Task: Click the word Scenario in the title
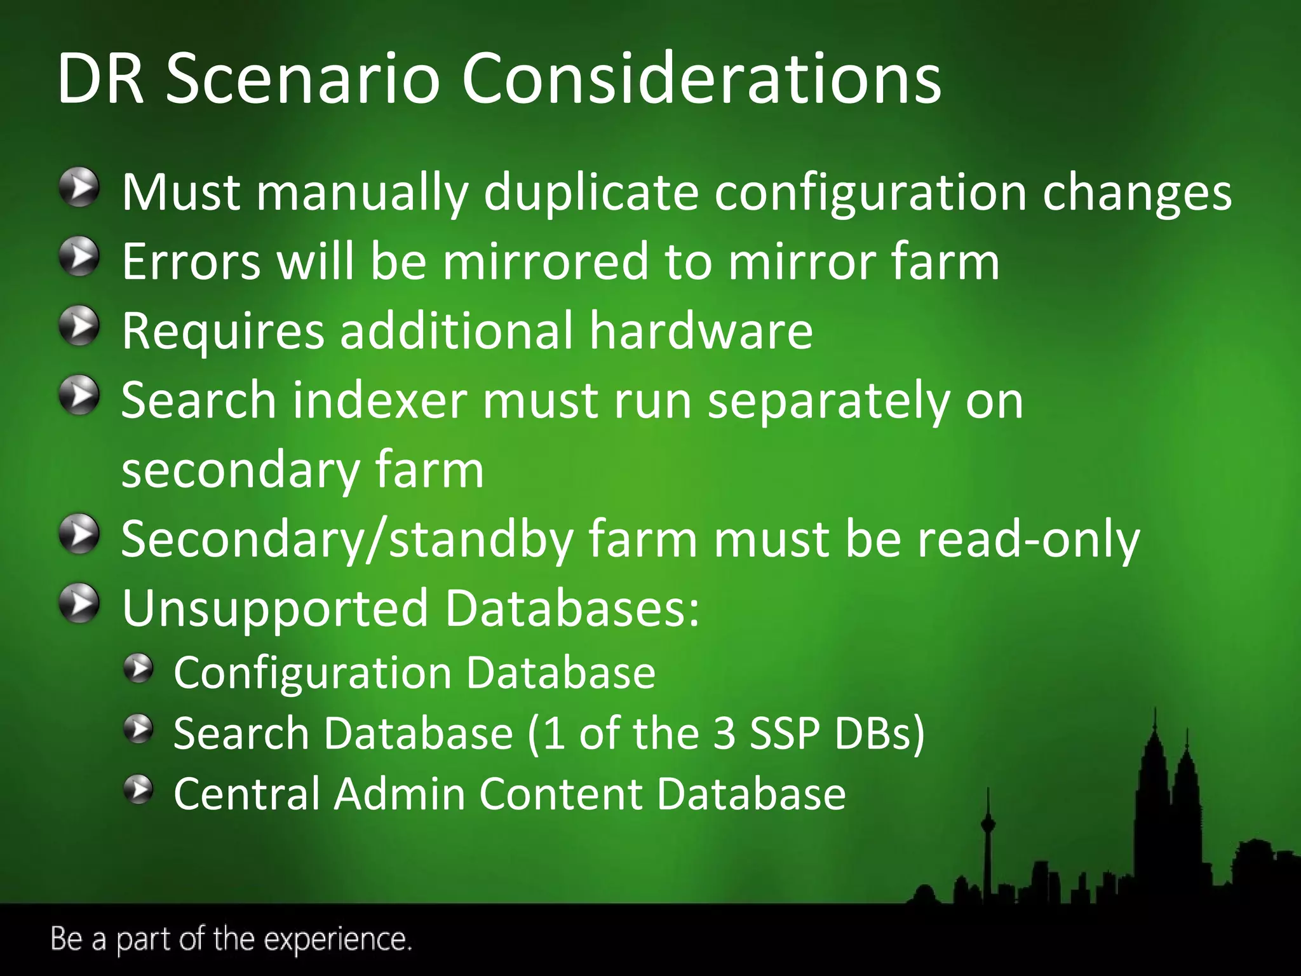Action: point(302,79)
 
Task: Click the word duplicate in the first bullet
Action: point(591,192)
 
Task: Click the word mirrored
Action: point(546,261)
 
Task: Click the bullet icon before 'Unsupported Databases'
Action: point(79,604)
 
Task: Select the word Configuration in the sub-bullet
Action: point(312,674)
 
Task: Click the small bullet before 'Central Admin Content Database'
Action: point(138,790)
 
